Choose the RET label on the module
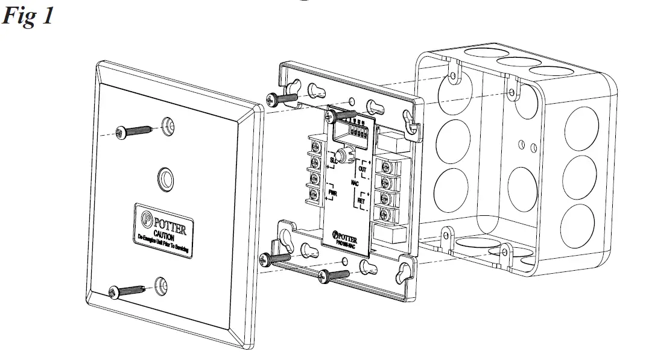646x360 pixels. (361, 200)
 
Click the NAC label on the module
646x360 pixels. (355, 182)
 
